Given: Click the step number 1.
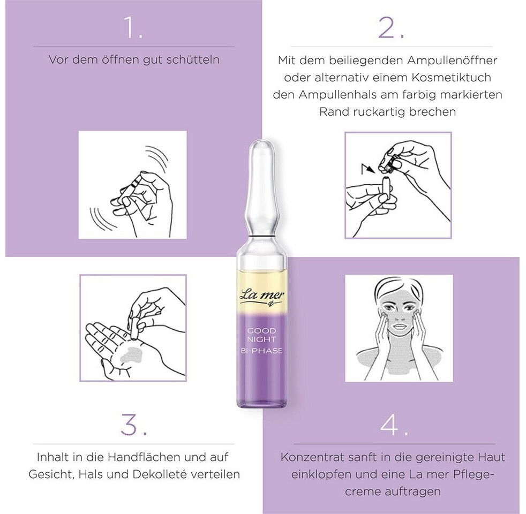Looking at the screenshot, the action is [x=133, y=27].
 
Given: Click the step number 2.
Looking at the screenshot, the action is [x=391, y=27].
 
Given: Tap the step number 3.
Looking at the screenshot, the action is [x=134, y=424].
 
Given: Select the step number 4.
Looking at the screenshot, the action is [x=394, y=425].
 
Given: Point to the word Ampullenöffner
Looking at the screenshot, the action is [x=453, y=61].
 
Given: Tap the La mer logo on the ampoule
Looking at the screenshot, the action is [x=262, y=297].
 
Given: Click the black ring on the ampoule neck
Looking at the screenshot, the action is [x=262, y=238].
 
